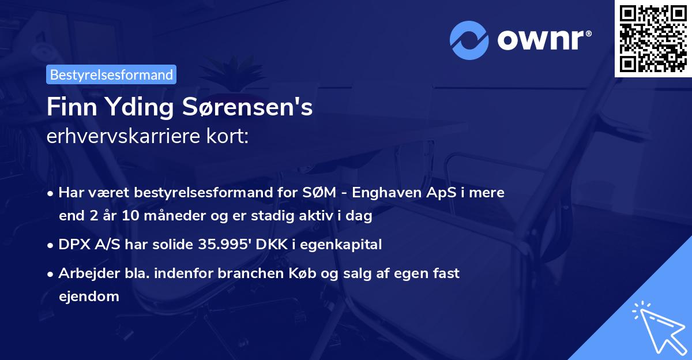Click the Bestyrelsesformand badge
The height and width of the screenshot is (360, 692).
pyautogui.click(x=111, y=74)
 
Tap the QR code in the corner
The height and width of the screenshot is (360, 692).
pyautogui.click(x=653, y=38)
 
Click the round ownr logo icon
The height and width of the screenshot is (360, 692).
pyautogui.click(x=469, y=40)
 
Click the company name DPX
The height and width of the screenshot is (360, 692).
pyautogui.click(x=74, y=245)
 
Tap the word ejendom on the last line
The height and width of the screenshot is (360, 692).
pyautogui.click(x=89, y=297)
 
